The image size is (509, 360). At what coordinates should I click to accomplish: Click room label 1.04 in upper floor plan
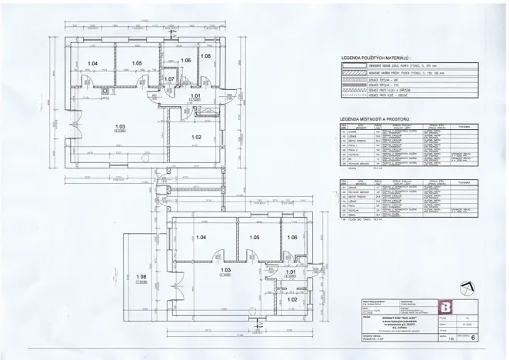(x=93, y=63)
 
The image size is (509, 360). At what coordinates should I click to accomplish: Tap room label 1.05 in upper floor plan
(x=137, y=63)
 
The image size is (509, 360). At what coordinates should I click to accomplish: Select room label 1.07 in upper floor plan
(x=170, y=78)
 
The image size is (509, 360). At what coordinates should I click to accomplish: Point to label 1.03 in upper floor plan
(x=119, y=126)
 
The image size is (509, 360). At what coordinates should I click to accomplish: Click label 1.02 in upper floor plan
(x=195, y=136)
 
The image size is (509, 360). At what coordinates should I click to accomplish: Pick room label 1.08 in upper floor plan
(x=205, y=56)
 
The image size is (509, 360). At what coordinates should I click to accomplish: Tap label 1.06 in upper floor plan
(x=185, y=60)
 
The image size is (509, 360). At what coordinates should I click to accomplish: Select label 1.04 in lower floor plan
(x=202, y=238)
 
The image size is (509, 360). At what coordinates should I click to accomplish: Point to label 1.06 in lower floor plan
(x=291, y=238)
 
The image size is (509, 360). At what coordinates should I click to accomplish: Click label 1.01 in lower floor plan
(x=291, y=272)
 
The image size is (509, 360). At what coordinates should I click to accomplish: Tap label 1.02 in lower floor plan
(x=291, y=298)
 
